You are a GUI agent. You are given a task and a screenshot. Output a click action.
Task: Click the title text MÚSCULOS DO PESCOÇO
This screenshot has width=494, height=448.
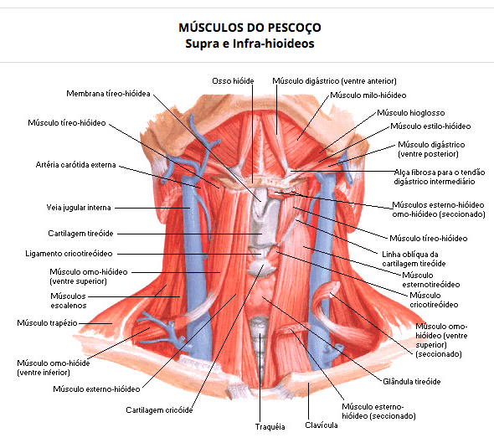(x=250, y=28)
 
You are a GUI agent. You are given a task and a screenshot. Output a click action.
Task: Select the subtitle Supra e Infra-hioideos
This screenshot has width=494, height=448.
(x=250, y=44)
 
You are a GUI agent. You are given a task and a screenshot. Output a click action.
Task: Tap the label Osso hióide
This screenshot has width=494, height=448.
(x=233, y=81)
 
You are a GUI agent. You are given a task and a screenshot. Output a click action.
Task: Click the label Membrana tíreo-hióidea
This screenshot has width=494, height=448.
(x=108, y=94)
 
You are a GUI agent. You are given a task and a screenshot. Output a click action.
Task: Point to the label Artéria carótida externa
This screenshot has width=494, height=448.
(x=75, y=165)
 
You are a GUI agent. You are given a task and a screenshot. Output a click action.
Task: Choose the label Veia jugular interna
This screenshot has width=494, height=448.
(x=79, y=208)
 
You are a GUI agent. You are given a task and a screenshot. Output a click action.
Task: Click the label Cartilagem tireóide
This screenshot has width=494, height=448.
(x=80, y=234)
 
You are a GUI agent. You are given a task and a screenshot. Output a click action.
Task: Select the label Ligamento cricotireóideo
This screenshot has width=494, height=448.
(x=69, y=254)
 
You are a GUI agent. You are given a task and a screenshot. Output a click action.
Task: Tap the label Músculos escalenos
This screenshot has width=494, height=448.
(x=69, y=301)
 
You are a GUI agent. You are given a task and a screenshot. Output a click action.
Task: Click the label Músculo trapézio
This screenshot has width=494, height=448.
(x=47, y=323)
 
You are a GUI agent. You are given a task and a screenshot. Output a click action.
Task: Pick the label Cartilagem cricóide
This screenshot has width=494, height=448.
(x=159, y=410)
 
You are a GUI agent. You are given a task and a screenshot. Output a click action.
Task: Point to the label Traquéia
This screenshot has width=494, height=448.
(x=270, y=427)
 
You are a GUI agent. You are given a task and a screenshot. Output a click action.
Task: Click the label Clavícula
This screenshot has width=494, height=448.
(x=322, y=425)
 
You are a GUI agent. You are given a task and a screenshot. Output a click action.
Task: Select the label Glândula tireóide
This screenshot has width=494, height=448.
(x=412, y=382)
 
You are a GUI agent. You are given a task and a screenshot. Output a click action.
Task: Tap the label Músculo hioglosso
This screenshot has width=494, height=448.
(x=411, y=113)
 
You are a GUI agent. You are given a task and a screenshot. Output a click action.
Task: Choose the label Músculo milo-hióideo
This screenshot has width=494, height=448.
(x=368, y=95)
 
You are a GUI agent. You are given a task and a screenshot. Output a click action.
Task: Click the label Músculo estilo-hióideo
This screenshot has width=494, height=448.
(x=430, y=126)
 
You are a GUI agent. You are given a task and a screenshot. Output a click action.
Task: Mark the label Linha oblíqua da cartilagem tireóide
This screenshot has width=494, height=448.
(x=414, y=259)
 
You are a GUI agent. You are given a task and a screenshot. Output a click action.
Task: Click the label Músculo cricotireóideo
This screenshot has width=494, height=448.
(x=434, y=300)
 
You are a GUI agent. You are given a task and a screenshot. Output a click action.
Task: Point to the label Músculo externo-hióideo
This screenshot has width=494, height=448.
(x=96, y=389)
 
